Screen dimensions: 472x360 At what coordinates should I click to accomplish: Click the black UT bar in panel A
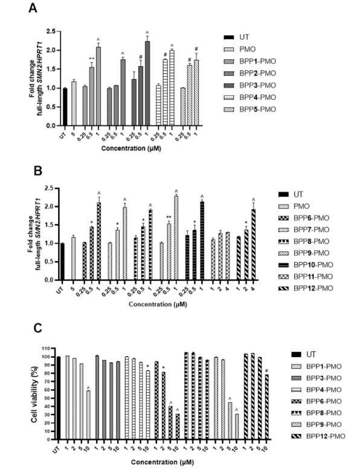pos(65,106)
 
